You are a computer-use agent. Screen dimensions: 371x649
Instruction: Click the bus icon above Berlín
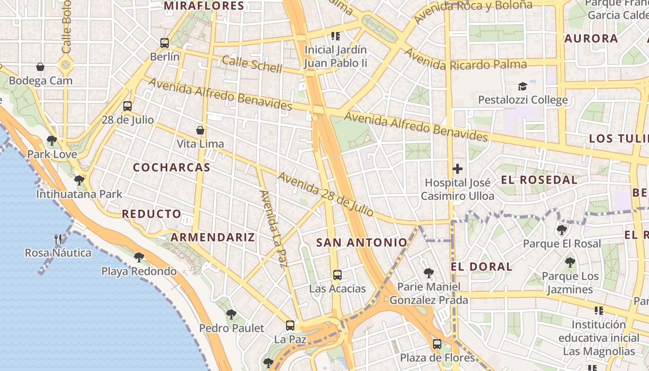coord(165,43)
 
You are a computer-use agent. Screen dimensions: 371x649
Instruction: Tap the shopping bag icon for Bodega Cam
coord(40,67)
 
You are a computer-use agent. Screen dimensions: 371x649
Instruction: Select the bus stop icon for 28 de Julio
coord(127,106)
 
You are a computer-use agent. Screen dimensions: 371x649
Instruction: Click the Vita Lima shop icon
coord(200,130)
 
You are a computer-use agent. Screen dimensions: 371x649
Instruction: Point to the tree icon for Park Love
coord(52,140)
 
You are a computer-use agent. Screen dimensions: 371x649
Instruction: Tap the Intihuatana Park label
coord(79,194)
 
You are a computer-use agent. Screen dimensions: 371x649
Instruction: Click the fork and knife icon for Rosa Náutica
coord(58,239)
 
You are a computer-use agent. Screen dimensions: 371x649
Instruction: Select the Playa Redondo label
coord(139,271)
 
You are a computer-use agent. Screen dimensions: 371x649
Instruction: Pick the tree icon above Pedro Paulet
coord(231,314)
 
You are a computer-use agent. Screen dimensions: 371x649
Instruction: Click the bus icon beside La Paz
coord(290,326)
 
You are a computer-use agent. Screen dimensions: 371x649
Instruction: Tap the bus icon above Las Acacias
coord(337,275)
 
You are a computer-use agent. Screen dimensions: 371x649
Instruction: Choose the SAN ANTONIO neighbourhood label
coord(362,242)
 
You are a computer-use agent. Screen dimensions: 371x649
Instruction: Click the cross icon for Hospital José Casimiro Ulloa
coord(458,169)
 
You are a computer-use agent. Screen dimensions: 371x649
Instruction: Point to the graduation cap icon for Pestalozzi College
coord(522,86)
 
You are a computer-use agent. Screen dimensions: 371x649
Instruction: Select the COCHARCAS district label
coord(172,167)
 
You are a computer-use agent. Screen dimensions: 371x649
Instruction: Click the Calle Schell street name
coord(252,64)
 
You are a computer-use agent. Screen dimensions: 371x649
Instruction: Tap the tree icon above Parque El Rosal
coord(562,230)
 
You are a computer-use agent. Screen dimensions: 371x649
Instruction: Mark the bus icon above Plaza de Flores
coord(437,344)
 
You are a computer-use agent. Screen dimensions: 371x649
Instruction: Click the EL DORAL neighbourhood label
coord(482,267)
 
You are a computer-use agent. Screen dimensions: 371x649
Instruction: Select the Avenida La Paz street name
coord(272,229)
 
